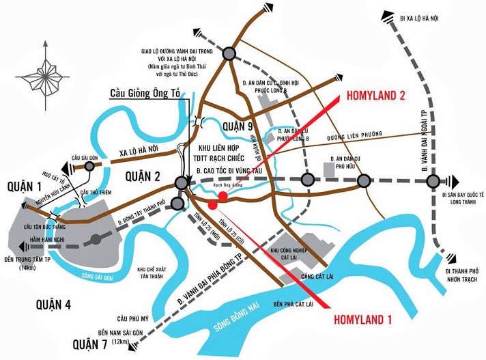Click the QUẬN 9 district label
coord(241,126)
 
